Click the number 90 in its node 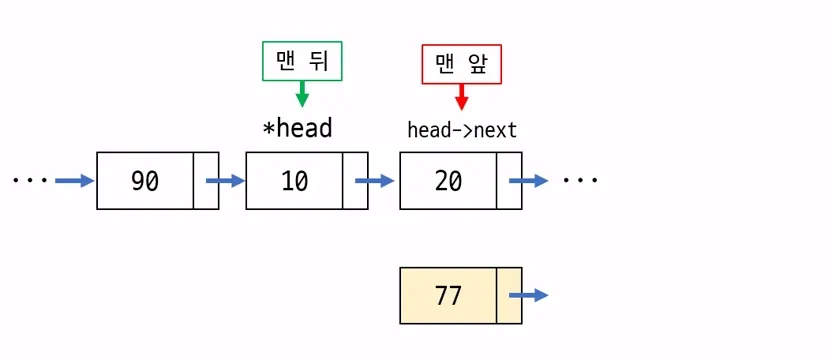[145, 181]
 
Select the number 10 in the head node [294, 181]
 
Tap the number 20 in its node [448, 181]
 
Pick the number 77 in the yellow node [448, 296]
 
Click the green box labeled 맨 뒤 [302, 62]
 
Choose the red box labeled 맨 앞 [461, 65]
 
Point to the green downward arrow [302, 95]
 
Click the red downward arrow [461, 97]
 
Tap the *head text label [296, 129]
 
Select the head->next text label [462, 130]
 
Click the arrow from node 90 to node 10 [225, 181]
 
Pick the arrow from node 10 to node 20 [375, 181]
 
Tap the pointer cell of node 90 [206, 181]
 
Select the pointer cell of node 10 [355, 181]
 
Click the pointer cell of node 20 [510, 181]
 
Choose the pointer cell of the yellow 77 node [510, 296]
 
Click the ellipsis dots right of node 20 [580, 181]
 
